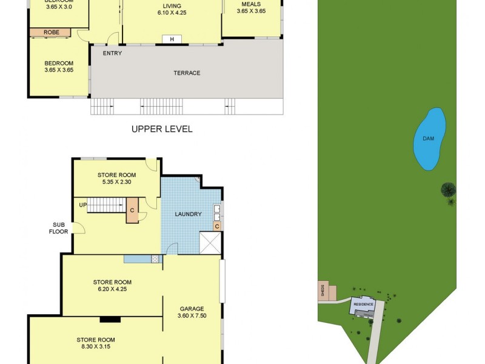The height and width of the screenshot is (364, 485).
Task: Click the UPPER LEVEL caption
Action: [162, 129]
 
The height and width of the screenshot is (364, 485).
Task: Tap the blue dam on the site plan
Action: [429, 139]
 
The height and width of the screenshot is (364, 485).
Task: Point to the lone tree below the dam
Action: [448, 191]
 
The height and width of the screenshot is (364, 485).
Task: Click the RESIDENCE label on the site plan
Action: [364, 303]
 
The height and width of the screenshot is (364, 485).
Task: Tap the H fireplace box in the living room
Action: [172, 39]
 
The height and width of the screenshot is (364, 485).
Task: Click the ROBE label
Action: [51, 32]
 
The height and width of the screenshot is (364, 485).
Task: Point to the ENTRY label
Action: [112, 53]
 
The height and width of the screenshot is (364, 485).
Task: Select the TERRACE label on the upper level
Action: [187, 73]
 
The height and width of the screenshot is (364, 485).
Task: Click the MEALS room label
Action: [251, 4]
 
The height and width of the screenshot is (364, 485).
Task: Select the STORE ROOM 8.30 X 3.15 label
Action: [96, 343]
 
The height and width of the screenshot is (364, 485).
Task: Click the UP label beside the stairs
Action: [82, 204]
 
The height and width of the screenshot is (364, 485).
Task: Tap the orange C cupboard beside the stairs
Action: [132, 211]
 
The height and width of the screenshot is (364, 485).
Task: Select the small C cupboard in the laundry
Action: [217, 226]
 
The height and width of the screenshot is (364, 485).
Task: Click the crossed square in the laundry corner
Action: [210, 243]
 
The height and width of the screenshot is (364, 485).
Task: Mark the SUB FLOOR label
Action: [58, 227]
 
